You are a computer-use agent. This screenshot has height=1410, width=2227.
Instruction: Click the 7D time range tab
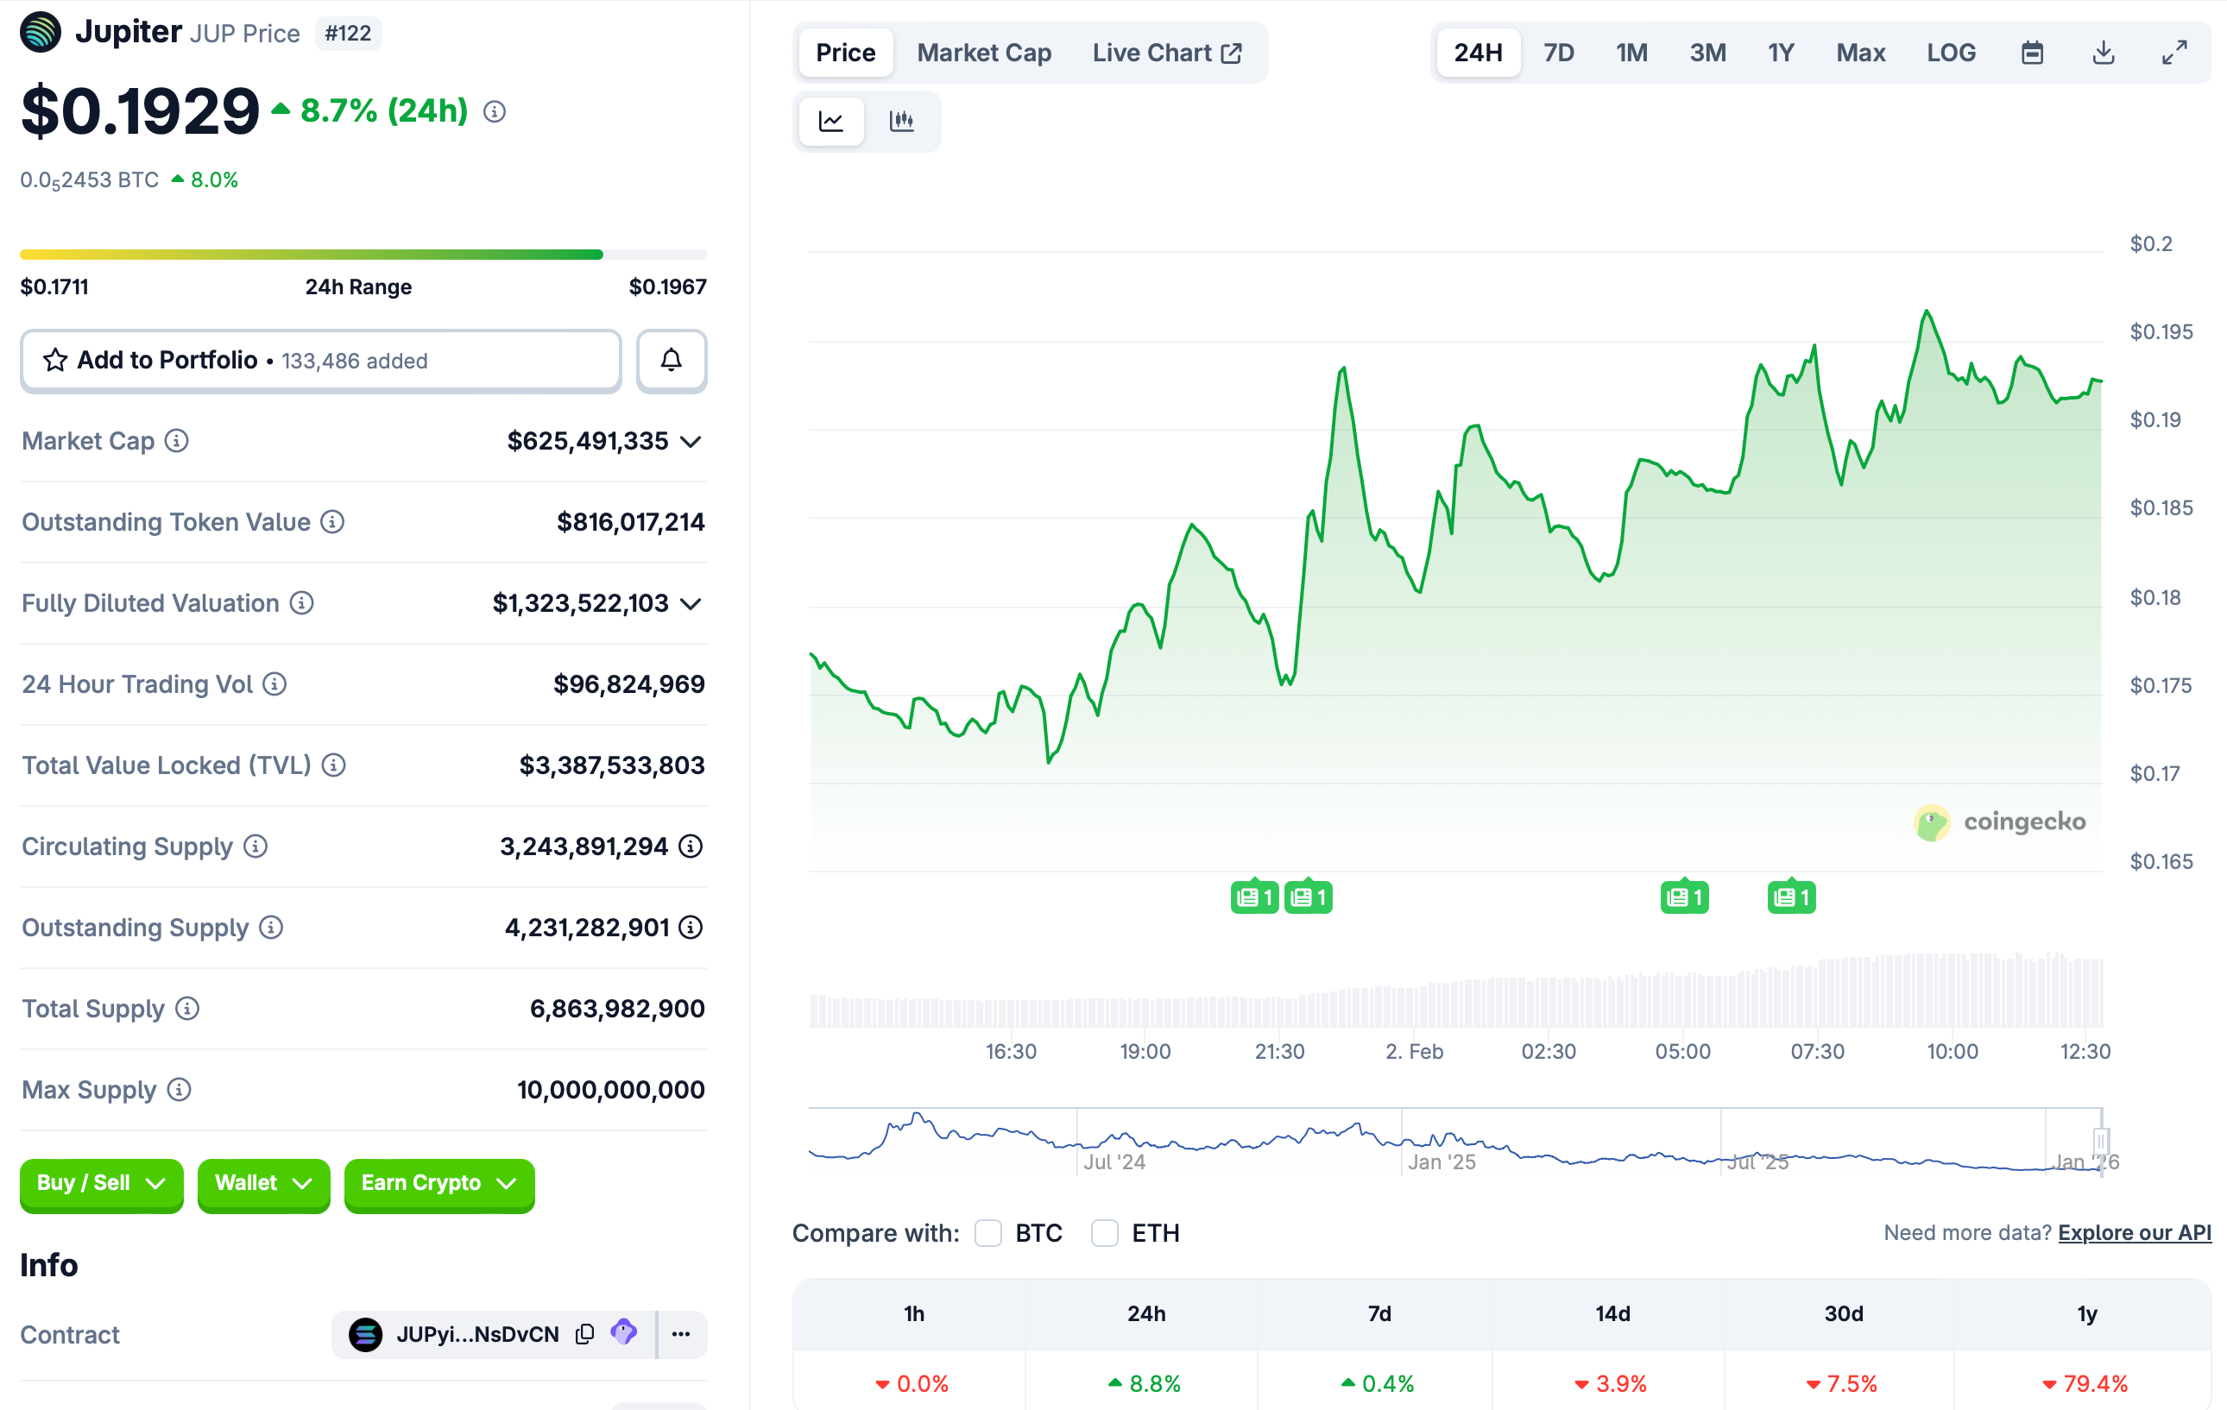click(x=1558, y=53)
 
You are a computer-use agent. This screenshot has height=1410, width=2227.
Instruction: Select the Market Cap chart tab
click(x=983, y=53)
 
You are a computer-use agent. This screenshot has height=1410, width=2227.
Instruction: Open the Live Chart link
click(x=1166, y=53)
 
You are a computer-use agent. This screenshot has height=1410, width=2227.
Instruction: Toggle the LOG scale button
click(x=1951, y=53)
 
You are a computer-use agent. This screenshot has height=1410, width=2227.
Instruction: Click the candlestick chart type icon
click(x=902, y=121)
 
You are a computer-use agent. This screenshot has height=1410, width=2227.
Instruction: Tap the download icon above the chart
click(x=2103, y=53)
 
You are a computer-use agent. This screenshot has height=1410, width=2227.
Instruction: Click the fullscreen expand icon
click(x=2174, y=53)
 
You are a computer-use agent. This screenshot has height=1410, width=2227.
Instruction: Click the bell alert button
click(x=672, y=361)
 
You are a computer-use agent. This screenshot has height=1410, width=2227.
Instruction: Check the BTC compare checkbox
click(x=987, y=1232)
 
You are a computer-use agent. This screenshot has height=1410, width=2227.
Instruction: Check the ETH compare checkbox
click(x=1104, y=1232)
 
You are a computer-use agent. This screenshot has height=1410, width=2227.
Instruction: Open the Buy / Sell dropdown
click(x=101, y=1183)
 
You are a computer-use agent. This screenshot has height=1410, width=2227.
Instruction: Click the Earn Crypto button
click(x=438, y=1183)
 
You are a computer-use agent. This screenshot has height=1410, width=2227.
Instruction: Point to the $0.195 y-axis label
click(x=2161, y=332)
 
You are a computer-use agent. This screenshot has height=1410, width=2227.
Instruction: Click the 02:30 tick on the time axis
click(x=1549, y=1051)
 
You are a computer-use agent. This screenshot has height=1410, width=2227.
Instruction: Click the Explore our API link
click(x=2134, y=1232)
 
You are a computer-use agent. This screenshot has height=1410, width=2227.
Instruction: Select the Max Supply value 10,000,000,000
click(x=610, y=1090)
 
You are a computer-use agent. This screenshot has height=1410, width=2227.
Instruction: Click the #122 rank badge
click(x=348, y=35)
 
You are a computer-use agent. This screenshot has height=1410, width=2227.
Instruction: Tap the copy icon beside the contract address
click(x=584, y=1334)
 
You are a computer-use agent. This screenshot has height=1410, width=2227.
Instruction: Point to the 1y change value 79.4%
click(x=2095, y=1384)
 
